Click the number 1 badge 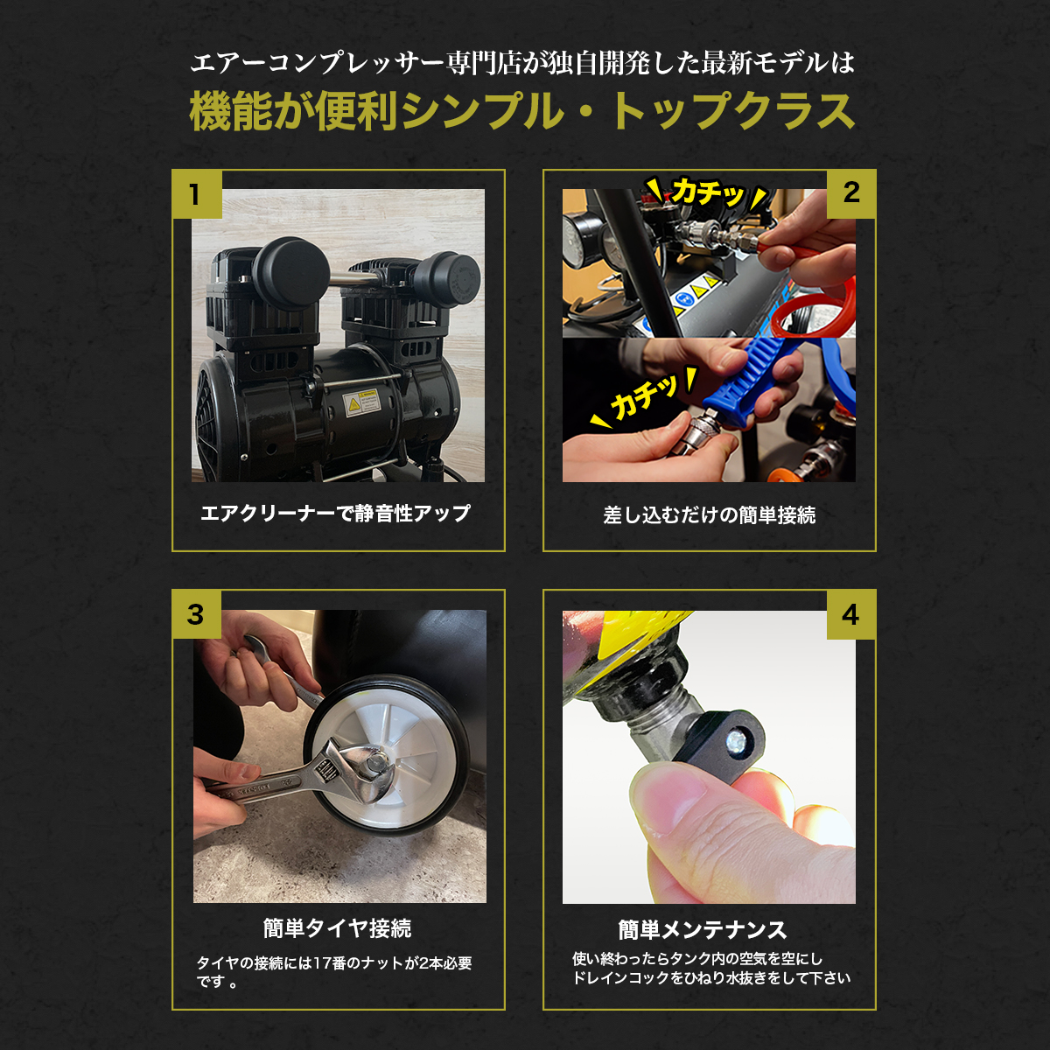pos(197,194)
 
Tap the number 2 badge pos(851,193)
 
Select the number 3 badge pos(196,614)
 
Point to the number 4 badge pos(851,614)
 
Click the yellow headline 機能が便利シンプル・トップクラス pos(522,111)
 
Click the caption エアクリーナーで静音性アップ pos(335,513)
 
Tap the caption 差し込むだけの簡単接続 pos(709,514)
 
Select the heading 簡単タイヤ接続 pos(337,928)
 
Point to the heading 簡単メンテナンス pos(703,929)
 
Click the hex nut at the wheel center pos(374,761)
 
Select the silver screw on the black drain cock pos(736,739)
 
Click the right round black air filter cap pos(447,279)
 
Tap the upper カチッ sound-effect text pos(707,192)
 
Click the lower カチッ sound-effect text pos(643,396)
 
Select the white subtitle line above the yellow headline pos(522,63)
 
